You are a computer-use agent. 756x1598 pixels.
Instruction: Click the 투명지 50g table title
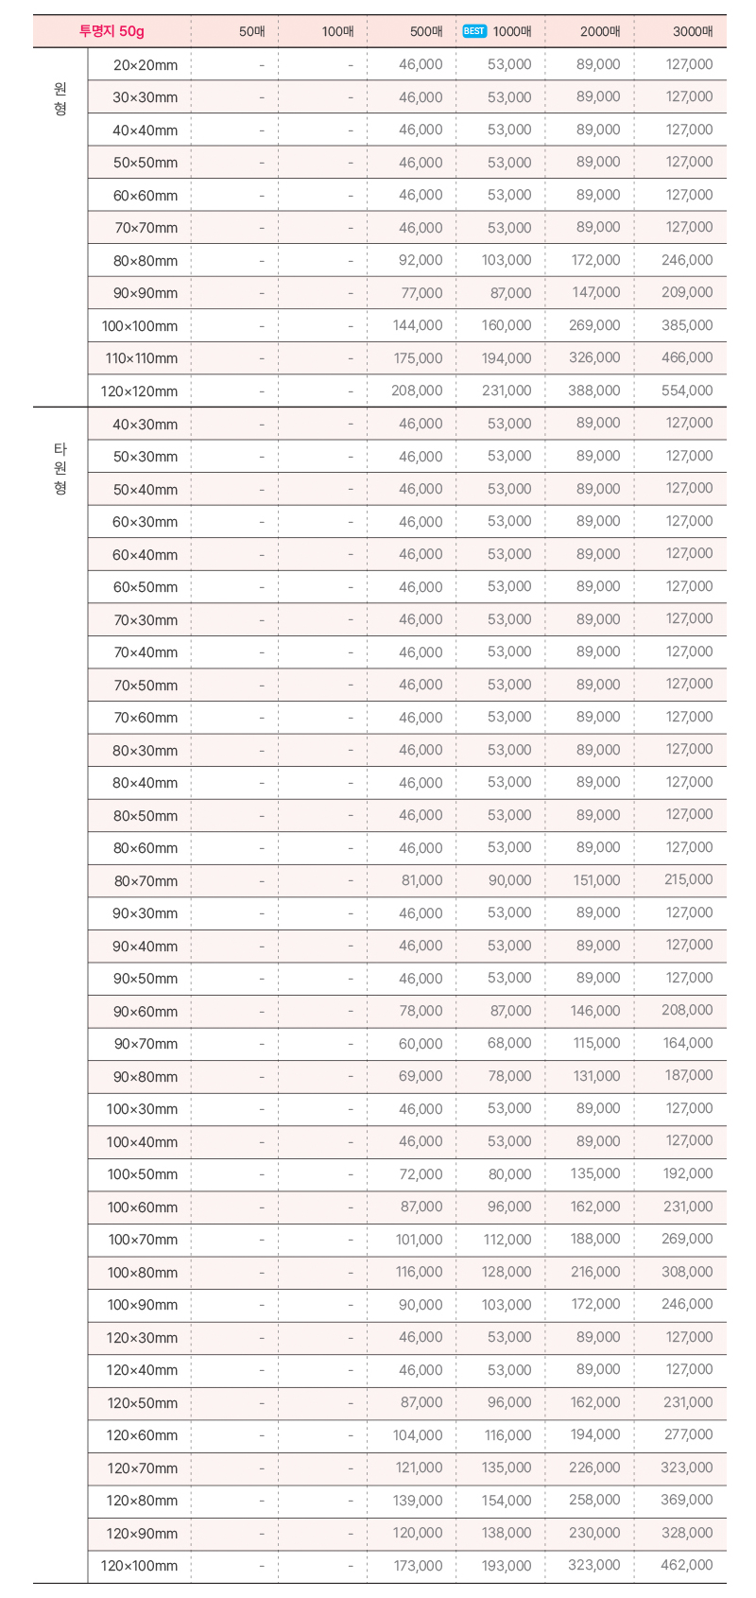coord(112,31)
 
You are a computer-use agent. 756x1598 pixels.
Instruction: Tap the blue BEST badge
coord(474,31)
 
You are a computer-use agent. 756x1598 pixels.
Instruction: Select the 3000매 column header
coord(693,31)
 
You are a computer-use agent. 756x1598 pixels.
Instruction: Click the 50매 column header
coord(252,31)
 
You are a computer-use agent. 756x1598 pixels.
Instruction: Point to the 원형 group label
coord(60,98)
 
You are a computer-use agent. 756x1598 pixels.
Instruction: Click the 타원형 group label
coord(60,468)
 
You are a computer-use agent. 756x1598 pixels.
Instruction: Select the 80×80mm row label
coord(146,260)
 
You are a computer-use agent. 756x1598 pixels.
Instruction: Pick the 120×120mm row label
coord(139,391)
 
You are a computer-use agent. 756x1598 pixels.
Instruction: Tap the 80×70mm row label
coord(146,880)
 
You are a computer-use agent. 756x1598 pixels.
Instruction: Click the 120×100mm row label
coord(139,1566)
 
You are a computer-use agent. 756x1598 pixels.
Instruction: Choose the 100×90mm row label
coord(142,1305)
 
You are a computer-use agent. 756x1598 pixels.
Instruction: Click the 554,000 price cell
coord(687,391)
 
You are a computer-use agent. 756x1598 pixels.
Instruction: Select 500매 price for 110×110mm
coord(417,358)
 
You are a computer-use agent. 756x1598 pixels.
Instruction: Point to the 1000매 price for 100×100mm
coord(507,325)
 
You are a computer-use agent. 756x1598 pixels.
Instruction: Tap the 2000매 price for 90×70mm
coord(596,1043)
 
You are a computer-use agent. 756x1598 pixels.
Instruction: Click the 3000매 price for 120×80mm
coord(687,1500)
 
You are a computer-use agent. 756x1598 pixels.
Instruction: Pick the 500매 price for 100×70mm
coord(419,1239)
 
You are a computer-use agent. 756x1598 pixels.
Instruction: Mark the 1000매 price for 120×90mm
coord(507,1533)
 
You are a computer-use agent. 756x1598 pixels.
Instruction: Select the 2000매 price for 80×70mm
coord(596,880)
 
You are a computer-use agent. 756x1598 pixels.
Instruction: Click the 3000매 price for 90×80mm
coord(688,1076)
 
